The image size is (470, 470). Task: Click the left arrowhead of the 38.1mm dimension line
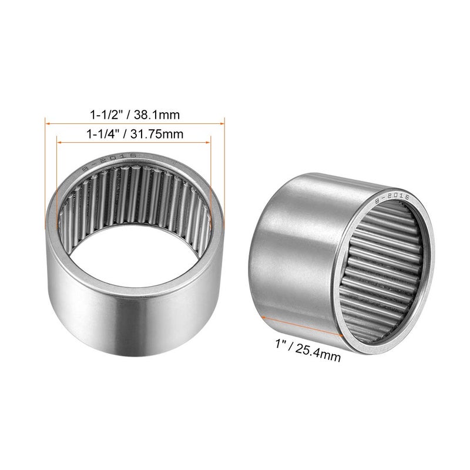point(47,122)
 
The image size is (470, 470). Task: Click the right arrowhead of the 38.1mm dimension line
point(223,122)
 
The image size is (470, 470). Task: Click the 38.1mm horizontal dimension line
point(135,122)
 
